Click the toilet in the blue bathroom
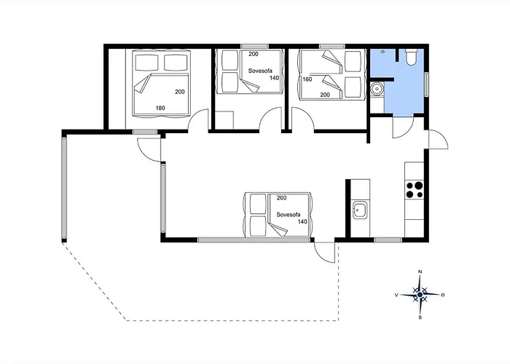coord(410,57)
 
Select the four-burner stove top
coord(414,190)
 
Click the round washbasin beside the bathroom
coord(377,88)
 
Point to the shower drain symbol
coord(382,52)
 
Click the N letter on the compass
coord(420,272)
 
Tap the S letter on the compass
coord(420,317)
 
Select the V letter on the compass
coord(396,295)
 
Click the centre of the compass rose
coord(420,294)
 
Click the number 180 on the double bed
coord(160,108)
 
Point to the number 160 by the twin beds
coord(307,79)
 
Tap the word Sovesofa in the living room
coord(289,215)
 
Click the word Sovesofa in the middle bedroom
coord(260,71)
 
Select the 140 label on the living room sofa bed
coord(302,221)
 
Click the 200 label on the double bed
coord(180,92)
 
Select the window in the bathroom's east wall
coord(426,84)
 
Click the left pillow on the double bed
coord(146,63)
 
